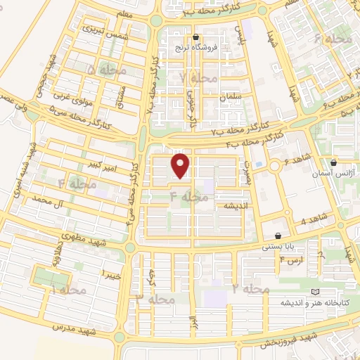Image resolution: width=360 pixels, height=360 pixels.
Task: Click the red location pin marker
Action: point(181,166)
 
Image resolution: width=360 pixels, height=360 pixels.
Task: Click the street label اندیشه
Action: point(233,206)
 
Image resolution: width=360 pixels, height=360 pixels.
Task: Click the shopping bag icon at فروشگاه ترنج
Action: point(196,38)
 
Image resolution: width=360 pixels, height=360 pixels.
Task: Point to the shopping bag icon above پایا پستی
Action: point(280,236)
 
